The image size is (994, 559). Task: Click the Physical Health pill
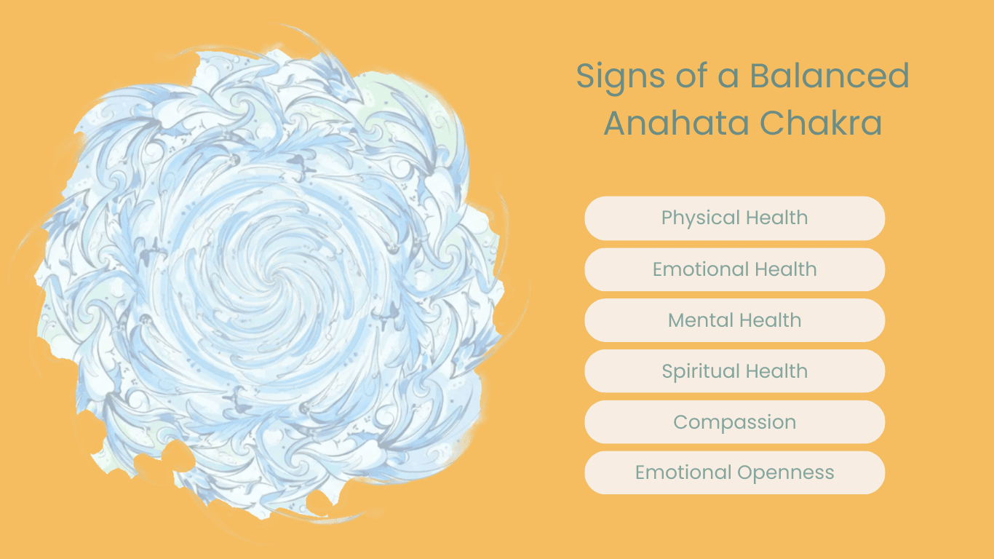tap(734, 218)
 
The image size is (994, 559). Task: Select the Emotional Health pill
tap(734, 269)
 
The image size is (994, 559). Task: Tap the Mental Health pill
tap(734, 320)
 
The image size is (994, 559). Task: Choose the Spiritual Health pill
tap(734, 371)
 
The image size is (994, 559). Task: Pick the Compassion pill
tap(734, 422)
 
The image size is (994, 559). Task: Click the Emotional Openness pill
tap(734, 473)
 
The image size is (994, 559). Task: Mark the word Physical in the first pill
tap(695, 218)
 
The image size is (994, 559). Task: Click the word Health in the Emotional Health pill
tap(784, 269)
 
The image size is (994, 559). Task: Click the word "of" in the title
tap(690, 76)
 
